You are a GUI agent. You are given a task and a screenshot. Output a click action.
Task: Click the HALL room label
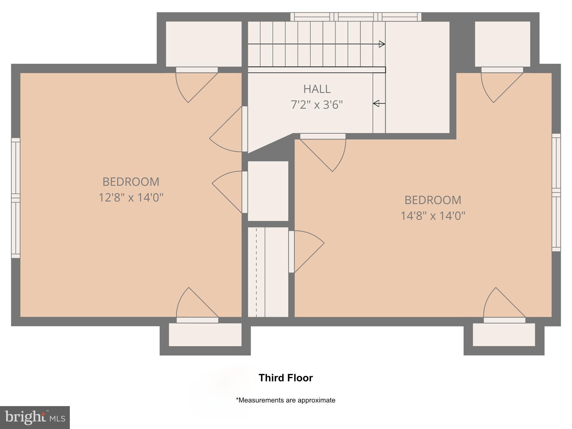coord(317,89)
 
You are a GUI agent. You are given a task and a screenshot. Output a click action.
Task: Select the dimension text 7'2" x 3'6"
coord(317,105)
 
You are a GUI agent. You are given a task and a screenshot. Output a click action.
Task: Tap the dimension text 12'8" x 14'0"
coord(131,198)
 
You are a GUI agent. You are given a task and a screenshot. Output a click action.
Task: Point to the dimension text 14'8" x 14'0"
coord(433,216)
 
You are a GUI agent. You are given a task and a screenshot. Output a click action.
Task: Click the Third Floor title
coord(285,378)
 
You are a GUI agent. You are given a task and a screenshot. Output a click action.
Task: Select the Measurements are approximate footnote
coord(285,400)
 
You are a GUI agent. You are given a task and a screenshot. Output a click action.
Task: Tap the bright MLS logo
coord(35,417)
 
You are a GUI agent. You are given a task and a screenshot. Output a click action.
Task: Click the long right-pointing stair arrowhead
coord(382,44)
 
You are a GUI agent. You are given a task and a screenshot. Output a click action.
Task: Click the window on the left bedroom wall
coord(16,198)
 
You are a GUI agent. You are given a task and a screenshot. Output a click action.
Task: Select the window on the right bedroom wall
coord(556,192)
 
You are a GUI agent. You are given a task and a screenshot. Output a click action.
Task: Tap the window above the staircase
coord(356,17)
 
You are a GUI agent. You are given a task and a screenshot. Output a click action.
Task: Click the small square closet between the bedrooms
coord(268,191)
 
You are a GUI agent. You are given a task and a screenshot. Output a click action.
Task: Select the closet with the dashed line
coord(268,272)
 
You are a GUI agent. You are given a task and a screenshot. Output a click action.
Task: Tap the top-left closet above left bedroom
coord(204,44)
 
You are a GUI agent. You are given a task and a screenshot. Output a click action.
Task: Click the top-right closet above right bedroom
coord(502,44)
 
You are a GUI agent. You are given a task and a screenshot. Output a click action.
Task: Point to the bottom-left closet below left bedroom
coord(205,335)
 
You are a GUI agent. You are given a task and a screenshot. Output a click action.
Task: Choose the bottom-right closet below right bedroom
coord(504,335)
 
